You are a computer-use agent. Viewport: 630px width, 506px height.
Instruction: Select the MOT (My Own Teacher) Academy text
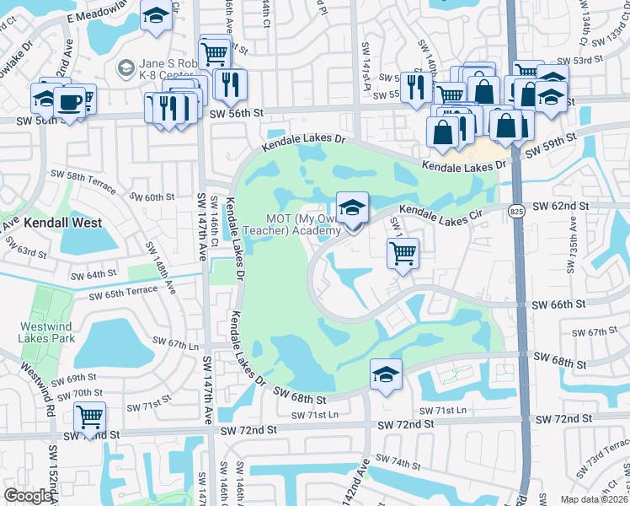click(304, 225)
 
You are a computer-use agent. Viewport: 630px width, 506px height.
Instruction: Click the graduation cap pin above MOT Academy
click(352, 207)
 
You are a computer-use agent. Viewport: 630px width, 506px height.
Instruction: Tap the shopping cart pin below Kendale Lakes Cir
click(403, 251)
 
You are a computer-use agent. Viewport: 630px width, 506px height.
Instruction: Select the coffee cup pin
click(68, 102)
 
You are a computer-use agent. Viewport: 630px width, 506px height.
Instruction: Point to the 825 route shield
click(517, 211)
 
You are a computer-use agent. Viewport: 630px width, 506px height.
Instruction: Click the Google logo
click(28, 496)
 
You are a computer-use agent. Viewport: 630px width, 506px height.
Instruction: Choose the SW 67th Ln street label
click(175, 343)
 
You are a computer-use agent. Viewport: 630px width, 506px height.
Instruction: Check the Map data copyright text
click(594, 499)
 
